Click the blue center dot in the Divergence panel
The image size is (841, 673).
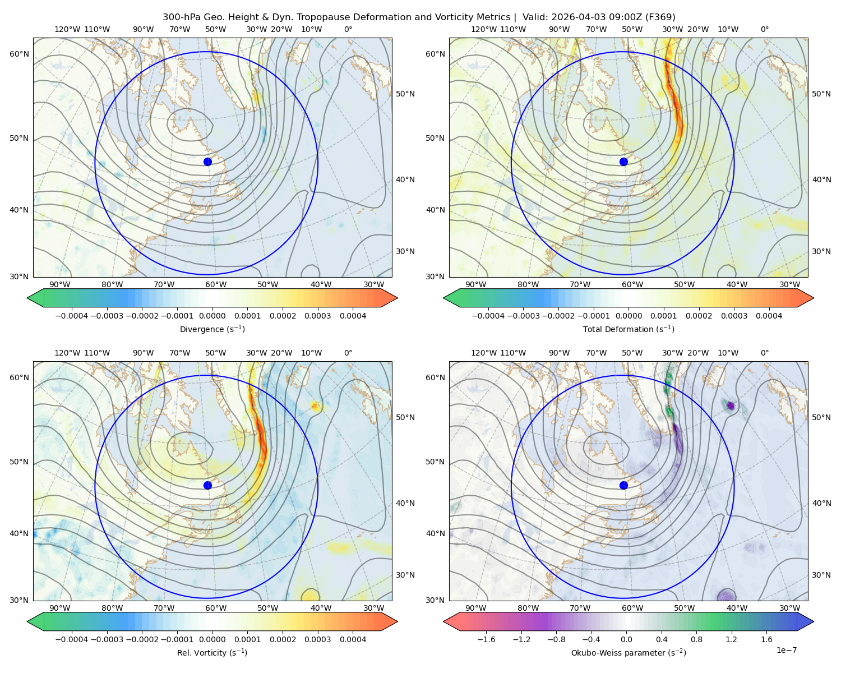(207, 162)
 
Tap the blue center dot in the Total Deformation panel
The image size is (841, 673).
(623, 162)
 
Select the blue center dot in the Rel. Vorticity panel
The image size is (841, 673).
(207, 485)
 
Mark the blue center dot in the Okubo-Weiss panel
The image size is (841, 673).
(623, 485)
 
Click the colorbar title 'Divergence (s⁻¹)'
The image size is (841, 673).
(212, 329)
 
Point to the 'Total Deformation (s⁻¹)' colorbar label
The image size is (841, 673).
(629, 329)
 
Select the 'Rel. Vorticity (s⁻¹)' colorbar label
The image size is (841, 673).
(212, 652)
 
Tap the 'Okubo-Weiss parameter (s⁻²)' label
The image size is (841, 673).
(629, 652)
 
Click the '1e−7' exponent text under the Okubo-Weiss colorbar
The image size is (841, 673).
(786, 650)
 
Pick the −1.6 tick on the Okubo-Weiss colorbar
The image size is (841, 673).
(486, 639)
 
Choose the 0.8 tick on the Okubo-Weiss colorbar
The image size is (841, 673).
(696, 639)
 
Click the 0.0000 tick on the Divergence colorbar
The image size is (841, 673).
(212, 316)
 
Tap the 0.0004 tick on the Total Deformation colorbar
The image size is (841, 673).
(769, 316)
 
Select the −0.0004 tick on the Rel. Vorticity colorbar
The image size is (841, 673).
(72, 639)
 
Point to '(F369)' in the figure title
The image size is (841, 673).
(660, 17)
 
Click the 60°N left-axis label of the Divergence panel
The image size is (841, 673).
(19, 54)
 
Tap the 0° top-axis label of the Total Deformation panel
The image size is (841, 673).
(764, 29)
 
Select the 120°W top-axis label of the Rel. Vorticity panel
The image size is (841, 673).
(67, 352)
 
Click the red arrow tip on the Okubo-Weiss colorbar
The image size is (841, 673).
(444, 621)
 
